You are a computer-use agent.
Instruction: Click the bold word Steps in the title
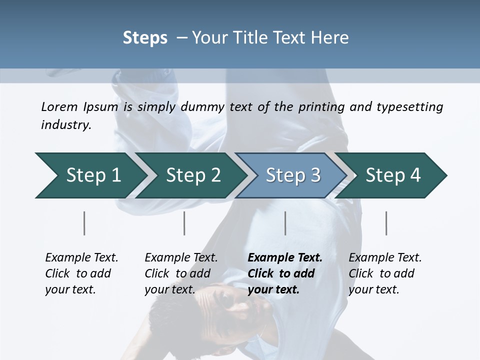[x=145, y=38]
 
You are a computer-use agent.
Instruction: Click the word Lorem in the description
[x=59, y=106]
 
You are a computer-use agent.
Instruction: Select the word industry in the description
[x=65, y=125]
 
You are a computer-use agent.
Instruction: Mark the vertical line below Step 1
[x=84, y=223]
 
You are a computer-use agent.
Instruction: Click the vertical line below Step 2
[x=184, y=223]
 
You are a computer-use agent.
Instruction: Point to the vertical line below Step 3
[x=285, y=223]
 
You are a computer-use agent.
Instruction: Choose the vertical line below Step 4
[x=386, y=223]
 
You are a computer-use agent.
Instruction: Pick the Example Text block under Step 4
[x=385, y=273]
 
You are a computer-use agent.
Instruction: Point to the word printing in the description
[x=319, y=107]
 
